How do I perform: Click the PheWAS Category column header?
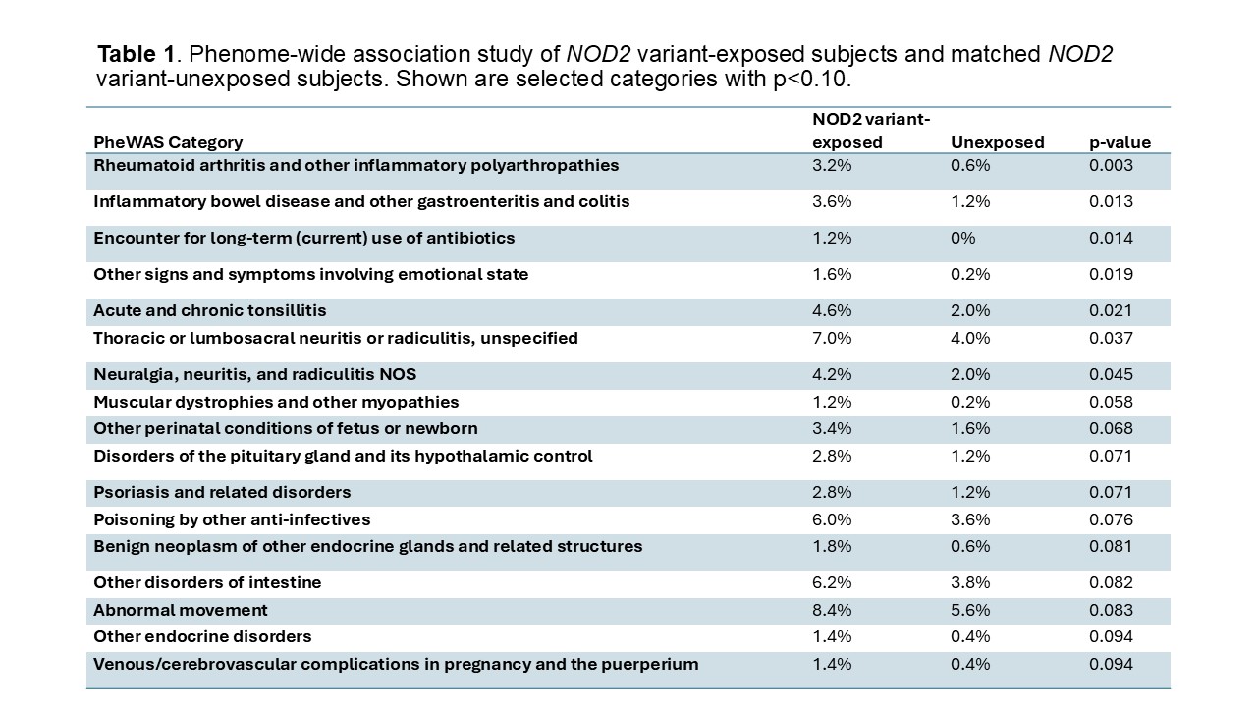pos(168,142)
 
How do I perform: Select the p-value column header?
pos(1120,142)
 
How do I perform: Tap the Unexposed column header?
pos(997,142)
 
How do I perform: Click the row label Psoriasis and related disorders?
pos(222,492)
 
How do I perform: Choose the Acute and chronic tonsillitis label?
pos(209,310)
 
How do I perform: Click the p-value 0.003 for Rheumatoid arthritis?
pos(1111,165)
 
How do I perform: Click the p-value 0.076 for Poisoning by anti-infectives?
pos(1111,519)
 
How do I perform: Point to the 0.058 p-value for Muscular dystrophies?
pos(1111,402)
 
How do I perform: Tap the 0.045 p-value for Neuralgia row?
pos(1111,374)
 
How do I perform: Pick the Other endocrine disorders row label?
pos(202,636)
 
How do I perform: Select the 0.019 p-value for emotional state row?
pos(1111,274)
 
